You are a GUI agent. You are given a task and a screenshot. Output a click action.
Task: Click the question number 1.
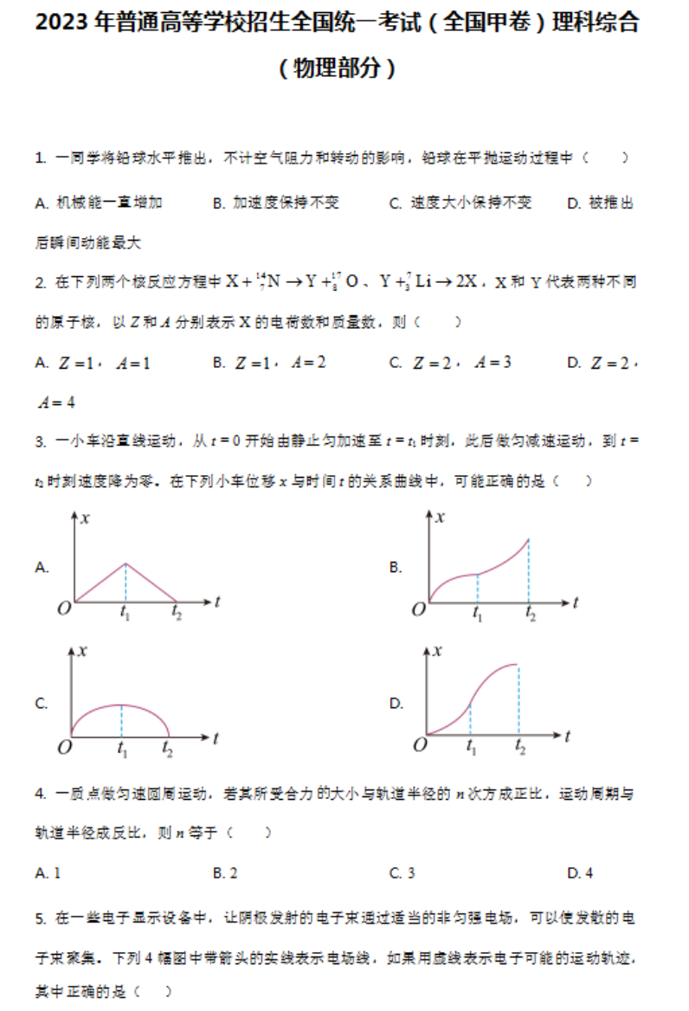pos(39,158)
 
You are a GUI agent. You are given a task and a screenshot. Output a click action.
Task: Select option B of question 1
pos(275,203)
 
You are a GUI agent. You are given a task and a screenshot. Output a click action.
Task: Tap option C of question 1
pos(460,203)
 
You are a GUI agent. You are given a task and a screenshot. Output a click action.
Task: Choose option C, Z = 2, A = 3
pos(450,363)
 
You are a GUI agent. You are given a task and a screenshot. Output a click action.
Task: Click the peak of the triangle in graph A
pos(126,563)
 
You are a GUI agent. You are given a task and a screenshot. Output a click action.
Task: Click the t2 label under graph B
pos(530,615)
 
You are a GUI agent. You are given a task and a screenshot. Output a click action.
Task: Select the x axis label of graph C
pos(83,652)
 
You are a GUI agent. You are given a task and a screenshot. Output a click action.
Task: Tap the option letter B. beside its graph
pos(396,568)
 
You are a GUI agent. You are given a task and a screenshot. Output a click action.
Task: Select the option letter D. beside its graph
pos(396,704)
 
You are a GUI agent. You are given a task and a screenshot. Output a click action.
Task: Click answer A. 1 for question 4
pos(48,873)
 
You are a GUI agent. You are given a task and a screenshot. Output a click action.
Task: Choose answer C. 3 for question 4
pos(402,873)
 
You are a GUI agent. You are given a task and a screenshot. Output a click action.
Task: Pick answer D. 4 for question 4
pos(580,873)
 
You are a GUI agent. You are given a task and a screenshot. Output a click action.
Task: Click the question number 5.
pos(39,917)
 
